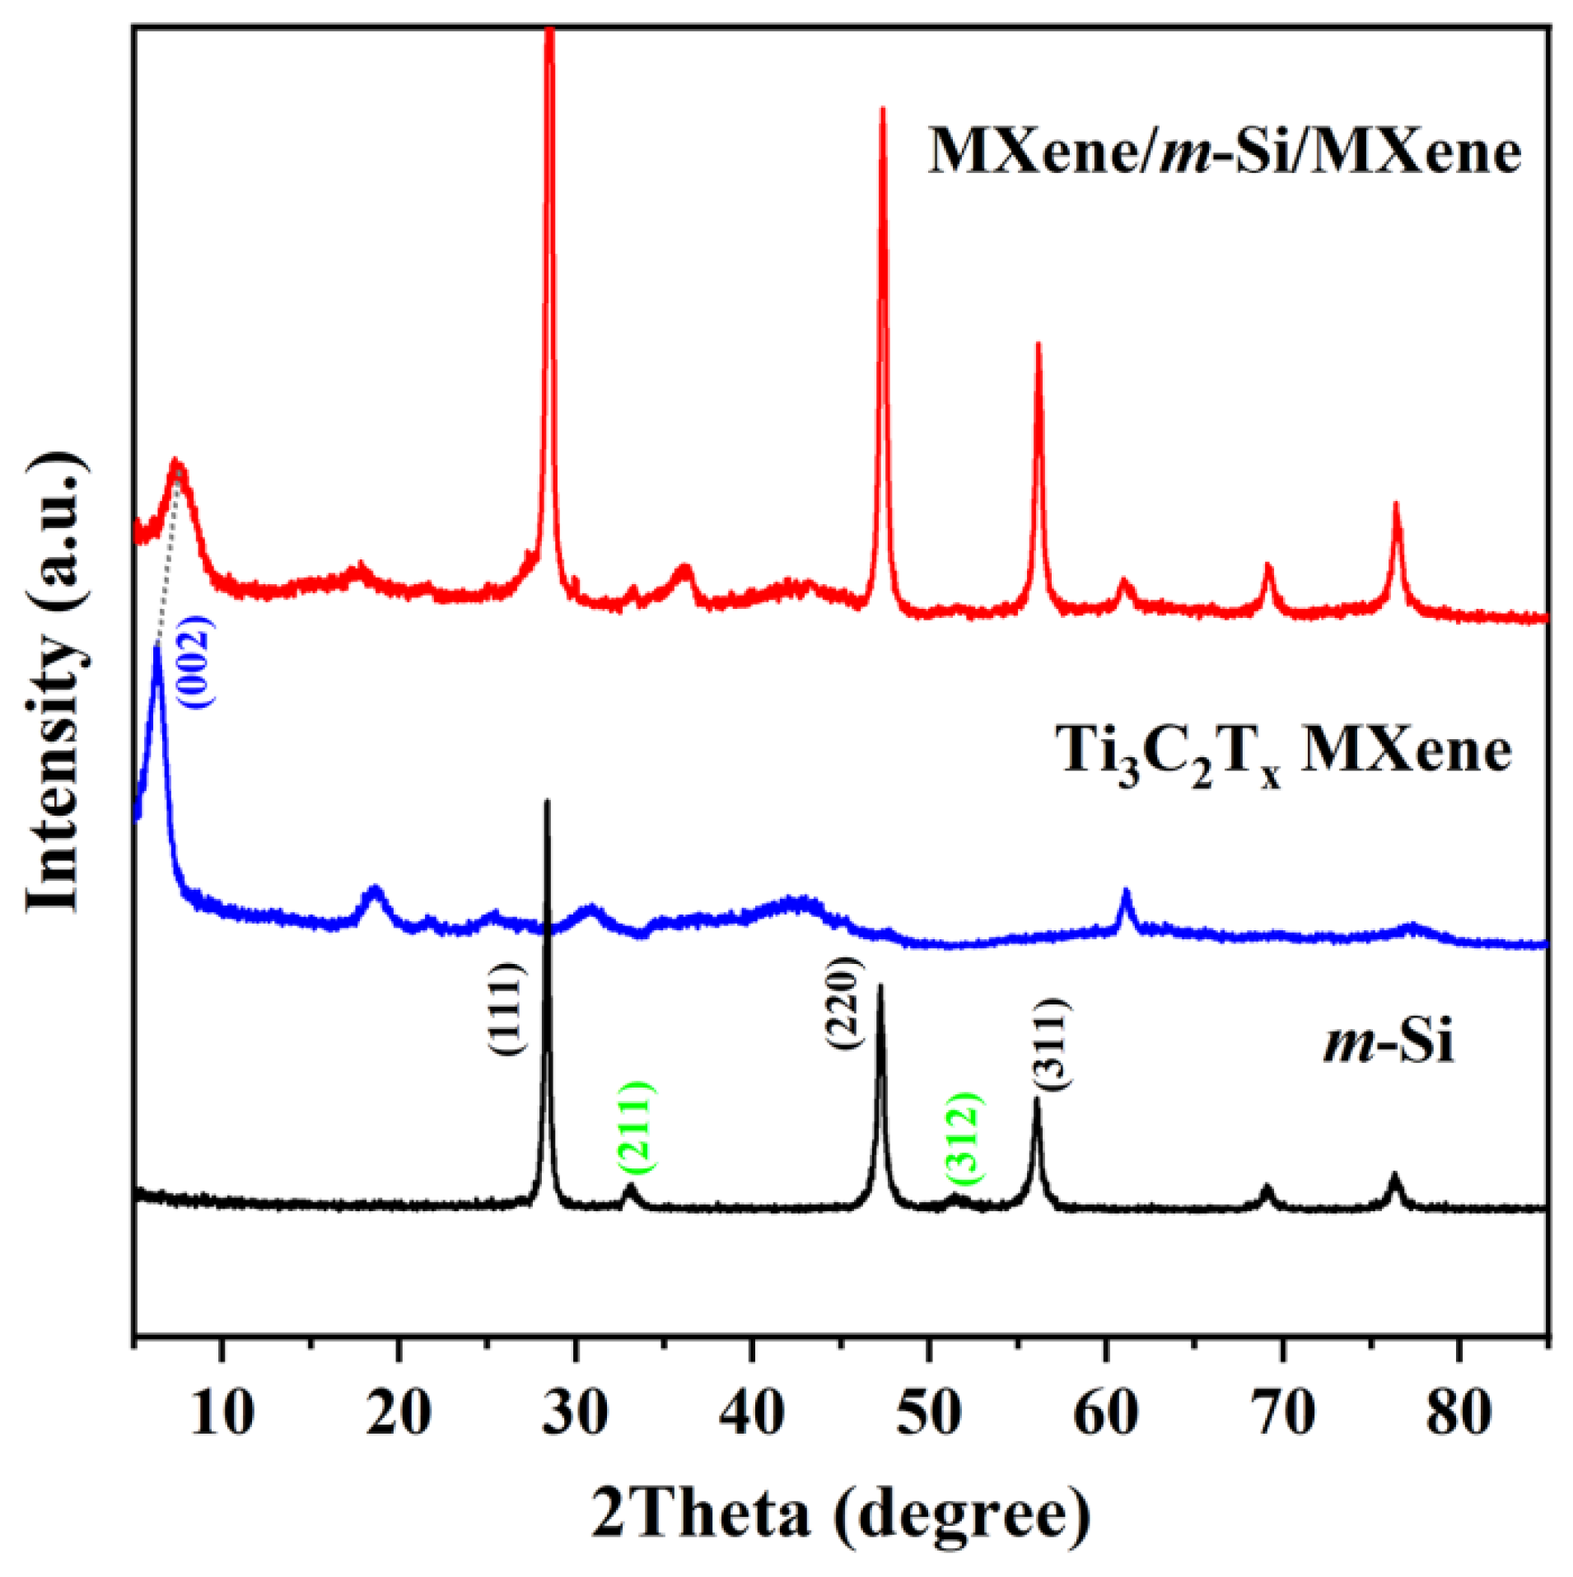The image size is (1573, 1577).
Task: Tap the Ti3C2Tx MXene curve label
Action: pos(1285,754)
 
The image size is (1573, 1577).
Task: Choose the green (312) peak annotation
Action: pos(962,1135)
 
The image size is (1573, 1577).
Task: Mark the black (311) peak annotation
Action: pos(1051,1044)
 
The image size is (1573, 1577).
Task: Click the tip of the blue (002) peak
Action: pos(156,648)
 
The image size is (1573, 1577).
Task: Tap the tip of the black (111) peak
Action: pos(547,801)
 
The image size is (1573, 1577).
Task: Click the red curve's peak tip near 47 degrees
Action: pos(883,108)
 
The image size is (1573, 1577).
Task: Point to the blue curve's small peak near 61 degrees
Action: pos(1126,891)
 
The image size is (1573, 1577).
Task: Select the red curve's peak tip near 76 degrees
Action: pos(1396,503)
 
